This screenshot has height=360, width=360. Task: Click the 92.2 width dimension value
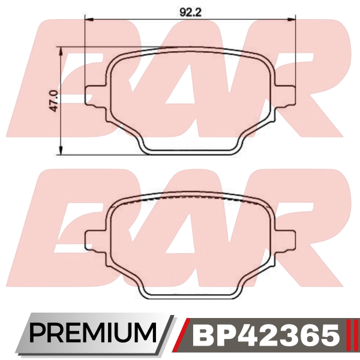[x=190, y=12]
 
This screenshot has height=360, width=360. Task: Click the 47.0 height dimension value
[x=54, y=101]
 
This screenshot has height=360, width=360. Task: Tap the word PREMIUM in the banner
[x=92, y=333]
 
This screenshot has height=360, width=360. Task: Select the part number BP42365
[x=266, y=335]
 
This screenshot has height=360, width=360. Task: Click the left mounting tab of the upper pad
[x=95, y=96]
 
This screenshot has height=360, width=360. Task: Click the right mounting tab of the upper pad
[x=284, y=96]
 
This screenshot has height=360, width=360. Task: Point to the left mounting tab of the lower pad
[x=95, y=241]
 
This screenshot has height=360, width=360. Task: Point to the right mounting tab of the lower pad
[x=284, y=241]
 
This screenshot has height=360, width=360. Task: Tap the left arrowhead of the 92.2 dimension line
[x=89, y=20]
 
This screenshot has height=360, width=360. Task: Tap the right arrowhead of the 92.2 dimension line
[x=291, y=20]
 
